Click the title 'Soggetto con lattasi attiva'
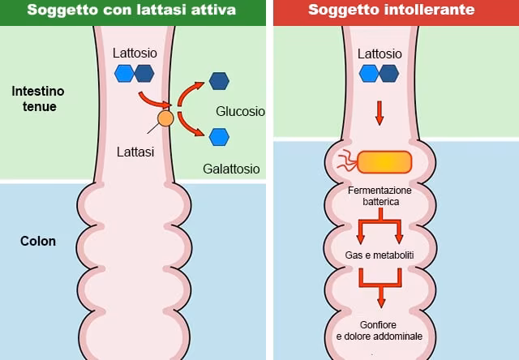click(133, 11)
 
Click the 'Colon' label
click(38, 241)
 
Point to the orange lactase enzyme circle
click(165, 119)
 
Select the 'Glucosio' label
click(240, 111)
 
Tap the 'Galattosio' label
click(231, 169)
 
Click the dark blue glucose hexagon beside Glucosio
click(219, 81)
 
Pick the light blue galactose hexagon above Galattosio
click(219, 136)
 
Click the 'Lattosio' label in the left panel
click(135, 54)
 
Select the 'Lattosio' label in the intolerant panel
click(380, 54)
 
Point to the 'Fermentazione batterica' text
click(380, 195)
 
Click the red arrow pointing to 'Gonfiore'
click(380, 288)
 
